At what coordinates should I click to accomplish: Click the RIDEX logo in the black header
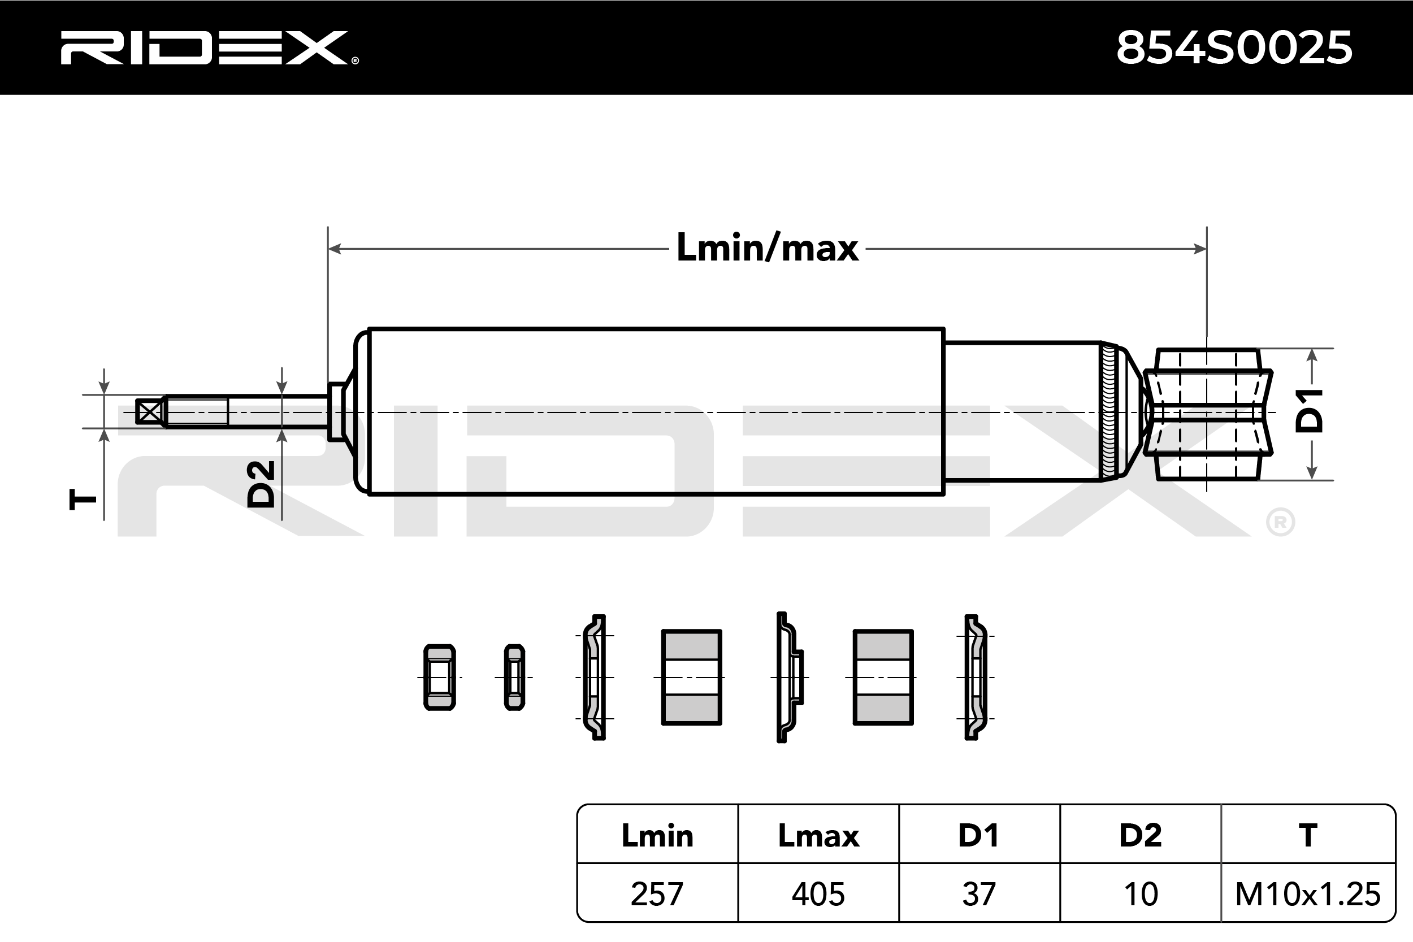pos(207,48)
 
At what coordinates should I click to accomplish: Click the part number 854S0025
pos(1234,48)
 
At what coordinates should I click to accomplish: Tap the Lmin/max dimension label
pos(767,248)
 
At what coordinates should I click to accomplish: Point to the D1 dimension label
pos(1310,411)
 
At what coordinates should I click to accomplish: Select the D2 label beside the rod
pos(262,484)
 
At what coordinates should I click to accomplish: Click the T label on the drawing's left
pos(83,498)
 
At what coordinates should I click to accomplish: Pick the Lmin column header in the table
pos(657,836)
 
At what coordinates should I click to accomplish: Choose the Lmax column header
pos(818,836)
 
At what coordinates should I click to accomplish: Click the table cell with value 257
pos(657,894)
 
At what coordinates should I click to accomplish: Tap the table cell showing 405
pos(818,894)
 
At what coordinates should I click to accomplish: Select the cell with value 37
pos(979,894)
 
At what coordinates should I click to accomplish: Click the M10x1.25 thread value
pos(1308,894)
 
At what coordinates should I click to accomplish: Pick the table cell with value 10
pos(1140,894)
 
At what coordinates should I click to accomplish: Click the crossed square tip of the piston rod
pos(150,412)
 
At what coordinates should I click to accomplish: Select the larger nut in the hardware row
pos(439,678)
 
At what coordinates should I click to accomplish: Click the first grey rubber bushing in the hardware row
pos(691,678)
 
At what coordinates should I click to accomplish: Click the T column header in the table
pos(1308,836)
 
